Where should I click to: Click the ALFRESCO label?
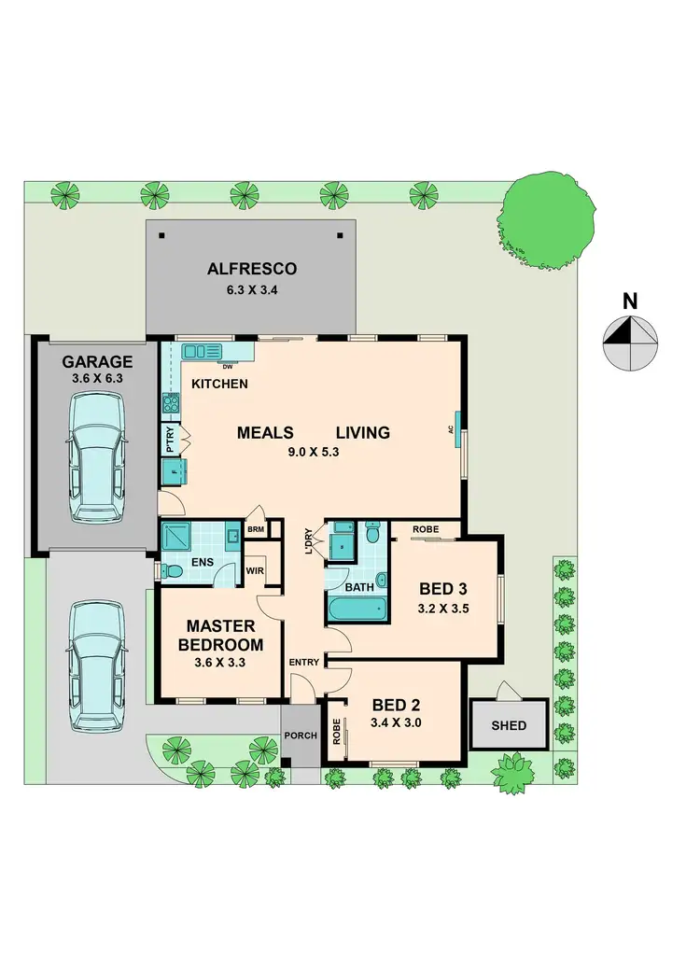coord(252,269)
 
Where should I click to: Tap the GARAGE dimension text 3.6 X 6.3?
coord(97,379)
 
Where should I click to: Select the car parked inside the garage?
coord(97,457)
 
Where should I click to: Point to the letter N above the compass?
coord(631,301)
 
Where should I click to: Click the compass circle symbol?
coord(631,343)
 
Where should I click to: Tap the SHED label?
coord(508,725)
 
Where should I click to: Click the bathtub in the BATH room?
coord(357,611)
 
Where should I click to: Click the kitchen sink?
coord(202,351)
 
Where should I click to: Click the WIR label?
coord(253,571)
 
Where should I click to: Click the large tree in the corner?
coord(547,216)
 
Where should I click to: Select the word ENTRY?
coord(304,663)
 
